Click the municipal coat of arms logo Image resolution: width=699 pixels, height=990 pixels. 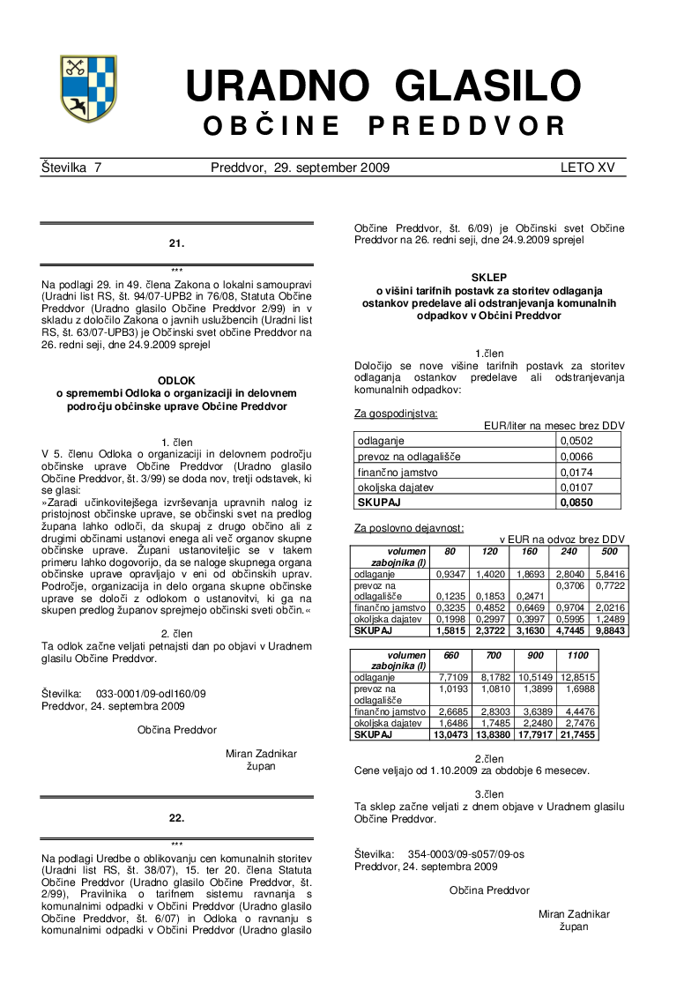pyautogui.click(x=88, y=88)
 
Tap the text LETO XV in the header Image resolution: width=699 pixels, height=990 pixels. pyautogui.click(x=588, y=167)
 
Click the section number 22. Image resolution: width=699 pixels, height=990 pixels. pyautogui.click(x=176, y=818)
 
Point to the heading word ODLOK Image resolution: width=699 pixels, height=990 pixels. pyautogui.click(x=176, y=380)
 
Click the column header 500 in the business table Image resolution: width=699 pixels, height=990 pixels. pyautogui.click(x=609, y=552)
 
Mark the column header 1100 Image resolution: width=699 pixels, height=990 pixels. pyautogui.click(x=577, y=656)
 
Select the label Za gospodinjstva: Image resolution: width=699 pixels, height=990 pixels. pyautogui.click(x=396, y=413)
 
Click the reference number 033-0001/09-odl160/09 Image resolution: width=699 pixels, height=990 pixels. pyautogui.click(x=151, y=694)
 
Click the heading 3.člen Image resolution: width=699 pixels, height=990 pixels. pyautogui.click(x=489, y=793)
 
